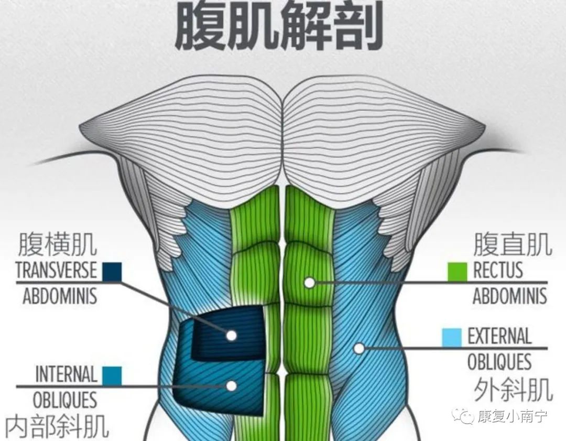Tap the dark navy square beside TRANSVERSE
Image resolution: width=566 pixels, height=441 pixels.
[x=112, y=271]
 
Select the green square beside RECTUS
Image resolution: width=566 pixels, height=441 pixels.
[x=457, y=271]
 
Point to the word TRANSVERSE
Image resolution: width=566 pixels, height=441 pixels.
[x=56, y=271]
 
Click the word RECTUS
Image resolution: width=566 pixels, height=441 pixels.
[x=498, y=271]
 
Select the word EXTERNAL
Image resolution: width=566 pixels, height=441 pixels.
[x=499, y=337]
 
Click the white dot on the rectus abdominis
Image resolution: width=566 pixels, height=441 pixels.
[x=310, y=283]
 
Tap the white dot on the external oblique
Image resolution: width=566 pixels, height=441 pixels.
[x=359, y=348]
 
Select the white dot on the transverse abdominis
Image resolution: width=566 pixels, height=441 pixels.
[x=231, y=335]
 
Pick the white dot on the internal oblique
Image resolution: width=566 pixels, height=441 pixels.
[x=231, y=386]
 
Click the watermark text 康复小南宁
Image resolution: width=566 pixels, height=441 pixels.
[x=512, y=417]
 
